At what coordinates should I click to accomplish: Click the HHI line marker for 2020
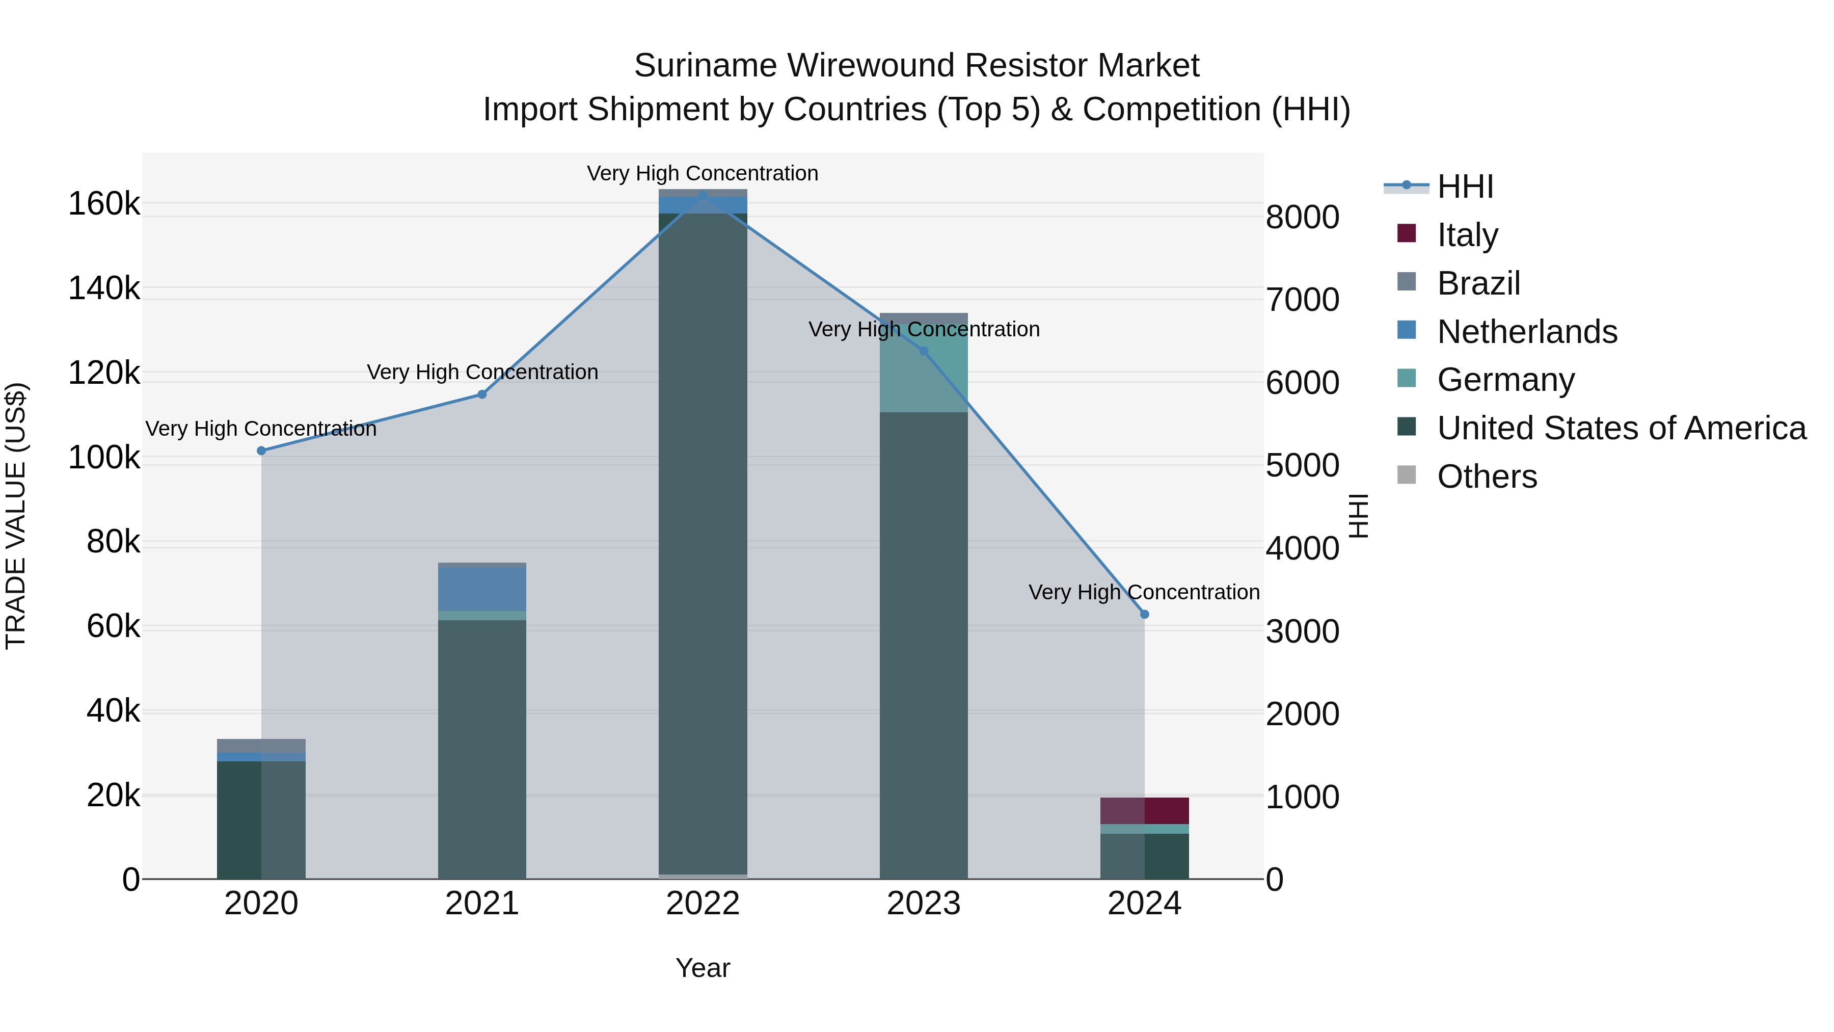[261, 451]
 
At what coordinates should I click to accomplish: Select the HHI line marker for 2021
[482, 394]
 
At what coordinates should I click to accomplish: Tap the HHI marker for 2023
[924, 351]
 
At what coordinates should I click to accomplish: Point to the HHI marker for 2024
[1145, 614]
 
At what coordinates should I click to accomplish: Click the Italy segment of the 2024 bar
[1145, 810]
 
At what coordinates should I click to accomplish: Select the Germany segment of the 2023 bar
[924, 371]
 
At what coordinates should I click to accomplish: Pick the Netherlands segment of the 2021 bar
[482, 588]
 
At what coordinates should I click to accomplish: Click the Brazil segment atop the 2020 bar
[261, 746]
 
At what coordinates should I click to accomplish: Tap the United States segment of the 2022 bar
[703, 541]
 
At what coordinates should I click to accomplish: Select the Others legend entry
[1487, 477]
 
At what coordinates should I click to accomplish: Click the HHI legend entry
[1465, 187]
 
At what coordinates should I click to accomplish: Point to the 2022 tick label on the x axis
[703, 904]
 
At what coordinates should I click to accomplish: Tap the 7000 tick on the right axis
[1302, 300]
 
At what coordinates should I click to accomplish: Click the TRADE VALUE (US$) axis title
[16, 516]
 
